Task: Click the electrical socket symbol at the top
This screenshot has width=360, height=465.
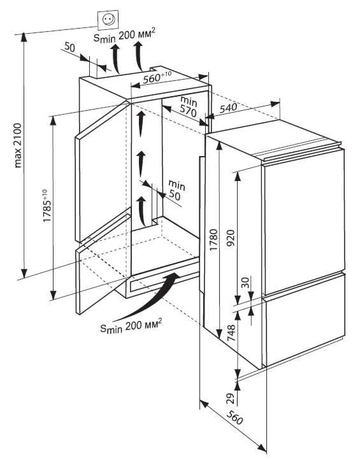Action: pos(108,20)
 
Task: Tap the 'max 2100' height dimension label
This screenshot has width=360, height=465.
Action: pos(18,145)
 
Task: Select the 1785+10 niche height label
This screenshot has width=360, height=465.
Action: pos(47,206)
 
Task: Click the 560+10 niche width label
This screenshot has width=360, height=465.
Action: pos(157,78)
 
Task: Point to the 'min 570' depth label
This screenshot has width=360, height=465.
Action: pos(189,106)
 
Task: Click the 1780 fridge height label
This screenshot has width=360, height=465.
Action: pos(213,240)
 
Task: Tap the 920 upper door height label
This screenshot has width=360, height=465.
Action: pos(231,239)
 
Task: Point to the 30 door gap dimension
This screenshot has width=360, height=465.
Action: pos(245,282)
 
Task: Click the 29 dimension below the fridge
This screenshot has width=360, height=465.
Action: pos(231,398)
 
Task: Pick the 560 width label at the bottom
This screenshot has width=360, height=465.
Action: pos(235,418)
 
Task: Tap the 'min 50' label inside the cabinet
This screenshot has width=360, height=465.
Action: pos(176,189)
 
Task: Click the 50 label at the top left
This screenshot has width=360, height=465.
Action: pos(69,47)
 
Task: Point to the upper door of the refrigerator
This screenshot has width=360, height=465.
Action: pos(303,221)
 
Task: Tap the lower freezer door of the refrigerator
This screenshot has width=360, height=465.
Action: pos(305,320)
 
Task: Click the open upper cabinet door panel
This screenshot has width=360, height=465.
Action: pos(103,171)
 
